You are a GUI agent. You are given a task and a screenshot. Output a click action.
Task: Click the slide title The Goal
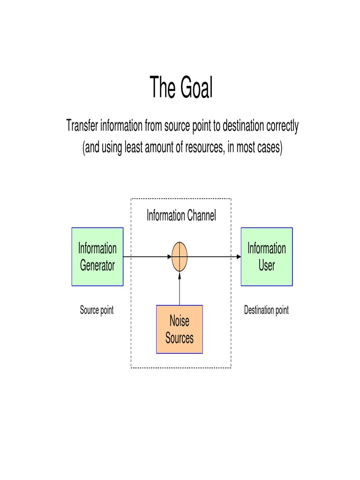[x=181, y=88]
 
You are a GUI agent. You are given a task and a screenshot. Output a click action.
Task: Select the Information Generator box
[x=97, y=256]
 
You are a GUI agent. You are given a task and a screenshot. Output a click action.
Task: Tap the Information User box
[x=266, y=256]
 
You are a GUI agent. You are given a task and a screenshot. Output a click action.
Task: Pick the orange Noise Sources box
[x=179, y=329]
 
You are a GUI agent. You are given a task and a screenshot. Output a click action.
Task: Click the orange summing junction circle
[x=179, y=257]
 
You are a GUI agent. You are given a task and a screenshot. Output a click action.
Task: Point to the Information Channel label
[x=181, y=216]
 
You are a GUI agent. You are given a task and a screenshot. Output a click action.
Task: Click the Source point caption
[x=97, y=310]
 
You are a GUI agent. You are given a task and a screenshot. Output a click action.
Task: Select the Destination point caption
[x=266, y=310]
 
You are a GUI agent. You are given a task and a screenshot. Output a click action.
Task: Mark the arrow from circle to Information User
[x=214, y=257]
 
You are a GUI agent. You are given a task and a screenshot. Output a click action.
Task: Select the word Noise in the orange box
[x=179, y=321]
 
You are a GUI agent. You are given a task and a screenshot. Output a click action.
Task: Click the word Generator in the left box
[x=97, y=265]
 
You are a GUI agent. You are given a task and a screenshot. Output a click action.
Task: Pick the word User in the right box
[x=266, y=265]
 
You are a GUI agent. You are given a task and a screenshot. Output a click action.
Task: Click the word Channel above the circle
[x=202, y=216]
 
